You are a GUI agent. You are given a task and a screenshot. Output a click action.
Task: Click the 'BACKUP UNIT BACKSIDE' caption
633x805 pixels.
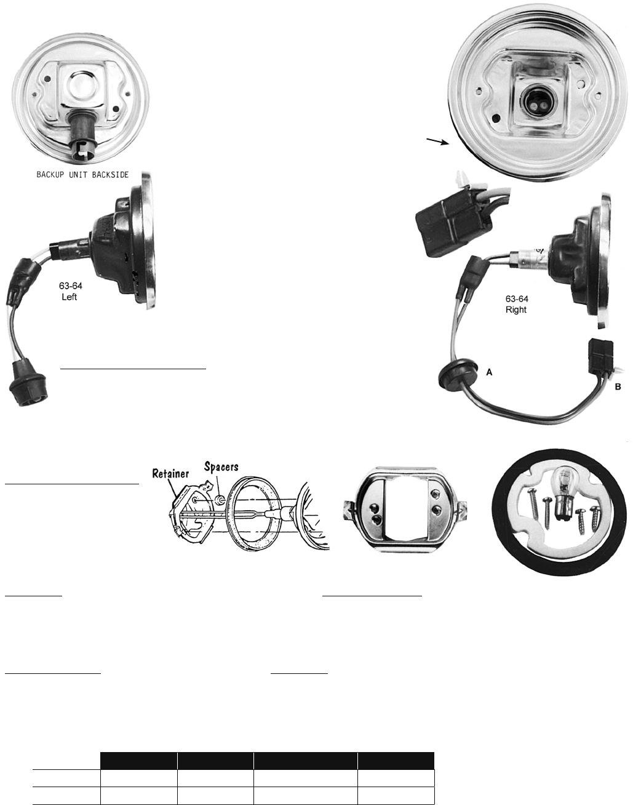coord(82,174)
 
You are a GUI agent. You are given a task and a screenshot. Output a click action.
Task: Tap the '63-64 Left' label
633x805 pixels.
coord(70,291)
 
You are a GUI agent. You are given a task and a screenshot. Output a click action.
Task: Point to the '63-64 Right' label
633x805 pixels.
coord(517,304)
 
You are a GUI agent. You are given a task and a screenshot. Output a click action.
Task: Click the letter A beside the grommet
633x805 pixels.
coord(489,372)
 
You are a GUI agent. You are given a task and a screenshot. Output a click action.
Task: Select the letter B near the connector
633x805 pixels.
coord(618,386)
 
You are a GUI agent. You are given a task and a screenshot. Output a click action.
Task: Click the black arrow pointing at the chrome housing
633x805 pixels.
coord(437,141)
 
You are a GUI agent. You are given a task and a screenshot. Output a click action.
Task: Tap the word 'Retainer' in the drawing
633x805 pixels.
coord(170,474)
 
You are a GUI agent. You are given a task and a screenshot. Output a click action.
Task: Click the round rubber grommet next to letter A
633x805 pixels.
coord(458,374)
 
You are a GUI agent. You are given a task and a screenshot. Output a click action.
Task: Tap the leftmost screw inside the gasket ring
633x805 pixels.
coord(533,507)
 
